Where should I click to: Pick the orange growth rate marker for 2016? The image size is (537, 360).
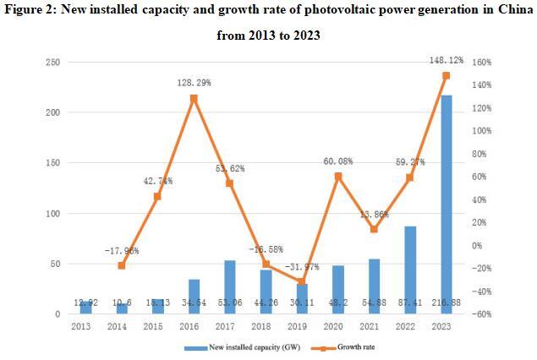click(194, 98)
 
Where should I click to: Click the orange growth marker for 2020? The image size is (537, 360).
click(338, 177)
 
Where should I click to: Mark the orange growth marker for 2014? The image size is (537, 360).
click(122, 265)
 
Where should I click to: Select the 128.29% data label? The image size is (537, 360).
click(193, 83)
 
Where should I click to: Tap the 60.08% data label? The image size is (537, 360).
click(338, 161)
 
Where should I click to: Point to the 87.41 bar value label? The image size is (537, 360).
click(409, 302)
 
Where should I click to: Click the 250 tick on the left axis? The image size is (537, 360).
click(52, 63)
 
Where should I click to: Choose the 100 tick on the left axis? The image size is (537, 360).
click(52, 214)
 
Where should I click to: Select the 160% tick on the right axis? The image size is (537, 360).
click(481, 63)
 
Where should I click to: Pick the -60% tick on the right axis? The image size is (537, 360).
click(481, 314)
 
